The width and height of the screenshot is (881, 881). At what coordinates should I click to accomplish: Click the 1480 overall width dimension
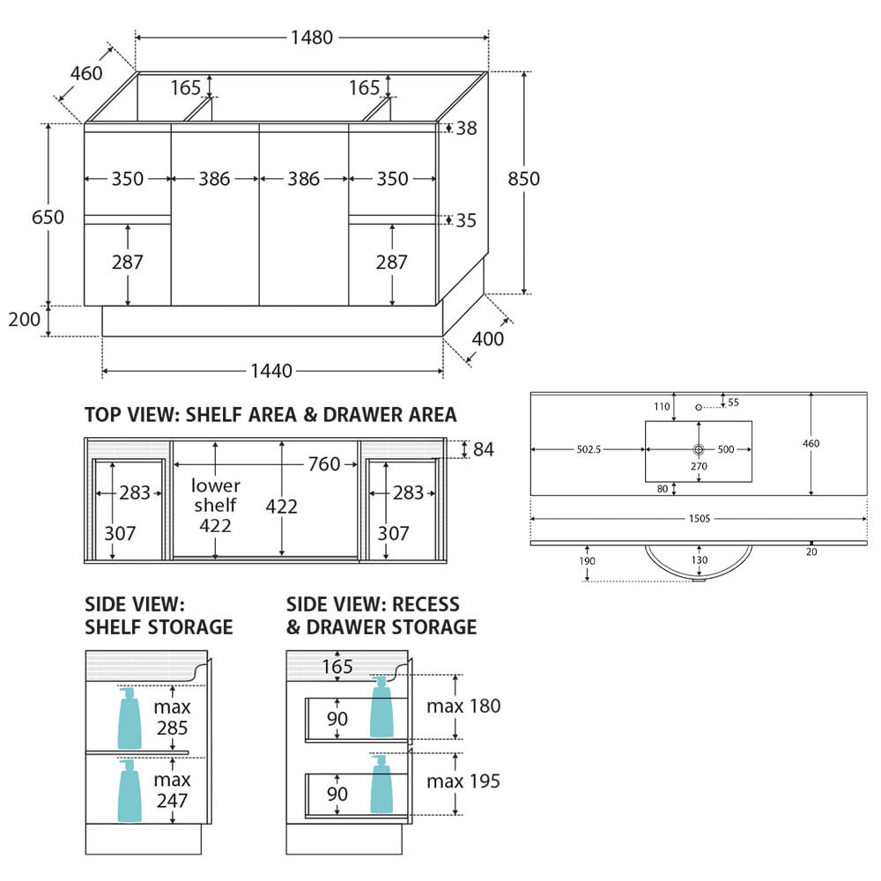(x=312, y=38)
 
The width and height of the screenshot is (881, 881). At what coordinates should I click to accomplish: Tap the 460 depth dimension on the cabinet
(x=86, y=73)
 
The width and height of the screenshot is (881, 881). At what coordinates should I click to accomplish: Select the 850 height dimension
(x=523, y=179)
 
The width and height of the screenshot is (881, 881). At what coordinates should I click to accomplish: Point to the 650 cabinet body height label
(x=48, y=217)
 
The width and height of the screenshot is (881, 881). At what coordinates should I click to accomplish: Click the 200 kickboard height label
(x=24, y=319)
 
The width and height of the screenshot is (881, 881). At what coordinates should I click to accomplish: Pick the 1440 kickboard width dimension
(x=271, y=371)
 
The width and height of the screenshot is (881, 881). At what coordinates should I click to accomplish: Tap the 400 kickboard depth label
(x=488, y=339)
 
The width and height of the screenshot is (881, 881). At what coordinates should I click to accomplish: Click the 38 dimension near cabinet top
(x=466, y=128)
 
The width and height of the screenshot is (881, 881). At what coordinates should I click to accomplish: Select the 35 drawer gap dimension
(x=466, y=220)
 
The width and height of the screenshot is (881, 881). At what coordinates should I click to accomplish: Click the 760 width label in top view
(x=324, y=464)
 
